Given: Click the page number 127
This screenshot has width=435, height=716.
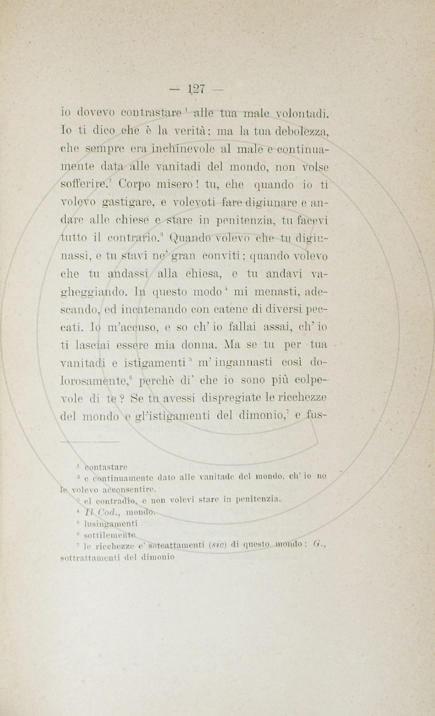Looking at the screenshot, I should point(196,88).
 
